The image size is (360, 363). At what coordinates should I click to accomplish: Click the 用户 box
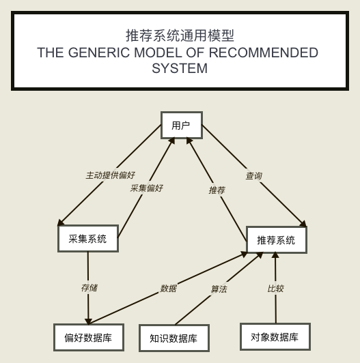coord(182,126)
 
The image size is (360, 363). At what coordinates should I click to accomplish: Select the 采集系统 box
coord(88,238)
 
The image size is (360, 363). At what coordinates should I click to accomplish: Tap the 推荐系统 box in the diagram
coord(276,240)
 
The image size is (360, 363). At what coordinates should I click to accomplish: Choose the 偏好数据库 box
coord(89,338)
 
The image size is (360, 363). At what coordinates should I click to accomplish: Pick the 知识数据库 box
coord(174,338)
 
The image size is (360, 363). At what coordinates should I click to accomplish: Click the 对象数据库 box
coord(275,337)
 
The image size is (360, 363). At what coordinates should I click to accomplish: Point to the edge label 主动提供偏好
coord(111,175)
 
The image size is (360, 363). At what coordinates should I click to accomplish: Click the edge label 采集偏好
coord(146,188)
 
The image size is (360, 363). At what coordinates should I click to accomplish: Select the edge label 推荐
coord(217,190)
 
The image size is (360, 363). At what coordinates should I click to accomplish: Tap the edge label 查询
coord(254,176)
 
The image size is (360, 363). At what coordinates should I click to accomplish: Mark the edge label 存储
coord(89,288)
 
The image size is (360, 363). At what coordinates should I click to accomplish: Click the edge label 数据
coord(169,289)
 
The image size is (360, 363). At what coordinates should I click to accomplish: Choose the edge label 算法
coord(219,289)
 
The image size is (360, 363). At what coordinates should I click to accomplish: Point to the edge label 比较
coord(275,289)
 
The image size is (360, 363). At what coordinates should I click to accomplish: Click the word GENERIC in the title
coord(99,53)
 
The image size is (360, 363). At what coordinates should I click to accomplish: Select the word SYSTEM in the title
coord(180,68)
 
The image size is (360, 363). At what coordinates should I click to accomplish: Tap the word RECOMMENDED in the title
coord(264,53)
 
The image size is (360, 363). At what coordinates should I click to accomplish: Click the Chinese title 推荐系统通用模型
coord(180,35)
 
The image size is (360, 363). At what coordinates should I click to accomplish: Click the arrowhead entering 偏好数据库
coord(88,321)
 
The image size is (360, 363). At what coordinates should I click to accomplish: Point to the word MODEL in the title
coord(158,53)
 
